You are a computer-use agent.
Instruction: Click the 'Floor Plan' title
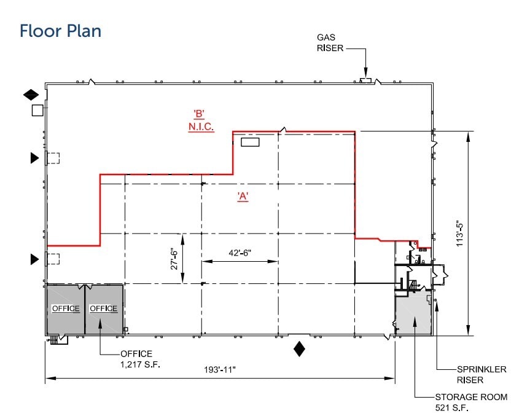pos(60,31)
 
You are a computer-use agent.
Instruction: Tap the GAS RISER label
pos(330,42)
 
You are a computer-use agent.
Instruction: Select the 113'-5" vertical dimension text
pos(458,233)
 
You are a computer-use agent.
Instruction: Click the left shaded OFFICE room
pos(65,308)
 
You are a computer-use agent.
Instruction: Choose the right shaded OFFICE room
pos(103,308)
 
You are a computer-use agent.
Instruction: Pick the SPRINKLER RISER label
pos(481,374)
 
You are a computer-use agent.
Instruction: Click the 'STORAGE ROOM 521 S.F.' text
pos(471,402)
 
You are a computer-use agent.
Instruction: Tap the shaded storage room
pos(413,316)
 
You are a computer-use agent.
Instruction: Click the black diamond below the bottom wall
pos(299,349)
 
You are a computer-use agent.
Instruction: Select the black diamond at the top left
pos(31,95)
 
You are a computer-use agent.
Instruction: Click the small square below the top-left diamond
pos(37,111)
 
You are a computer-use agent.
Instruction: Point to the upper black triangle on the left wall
pos(34,159)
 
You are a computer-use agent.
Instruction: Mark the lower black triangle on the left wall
pos(34,260)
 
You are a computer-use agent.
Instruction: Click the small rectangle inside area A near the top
pos(250,143)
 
